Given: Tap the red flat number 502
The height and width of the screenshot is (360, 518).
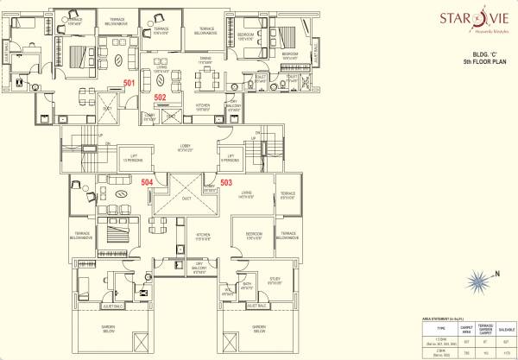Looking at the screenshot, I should coord(160,98).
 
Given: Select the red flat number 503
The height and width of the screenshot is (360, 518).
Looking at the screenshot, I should coord(226,182).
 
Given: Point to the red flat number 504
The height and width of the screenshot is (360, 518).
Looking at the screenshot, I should coord(148,182).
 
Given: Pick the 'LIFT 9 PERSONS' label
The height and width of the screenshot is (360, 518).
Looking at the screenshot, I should coord(229,157).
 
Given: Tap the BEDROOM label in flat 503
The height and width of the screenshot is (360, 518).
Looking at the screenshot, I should coord(253,234).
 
